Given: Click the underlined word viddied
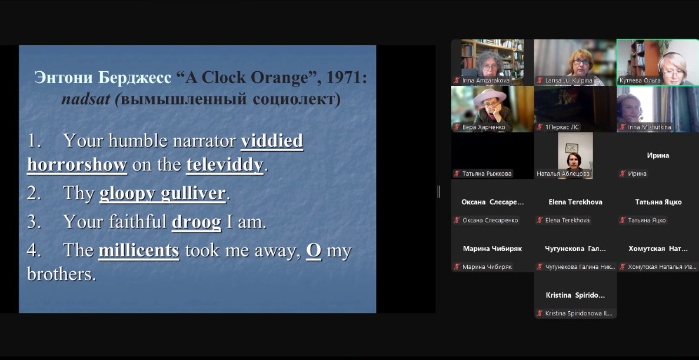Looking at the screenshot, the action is (x=272, y=141).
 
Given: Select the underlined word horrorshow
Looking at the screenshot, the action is (x=77, y=164).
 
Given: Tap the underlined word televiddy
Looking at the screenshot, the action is (x=225, y=165).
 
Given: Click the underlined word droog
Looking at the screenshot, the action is (x=197, y=222).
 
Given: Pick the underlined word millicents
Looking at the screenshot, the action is (x=139, y=250).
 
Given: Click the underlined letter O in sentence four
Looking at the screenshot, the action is (x=314, y=251).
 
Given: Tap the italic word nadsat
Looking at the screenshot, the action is (x=85, y=99).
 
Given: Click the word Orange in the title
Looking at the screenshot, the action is (x=279, y=78).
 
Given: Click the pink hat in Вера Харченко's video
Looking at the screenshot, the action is (x=490, y=96).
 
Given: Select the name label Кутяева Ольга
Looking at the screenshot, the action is (x=640, y=81).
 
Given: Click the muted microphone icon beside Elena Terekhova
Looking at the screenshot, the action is (x=540, y=220).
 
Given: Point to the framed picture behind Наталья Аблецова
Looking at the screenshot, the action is (x=571, y=148).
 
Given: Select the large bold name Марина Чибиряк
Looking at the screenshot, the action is (x=492, y=249).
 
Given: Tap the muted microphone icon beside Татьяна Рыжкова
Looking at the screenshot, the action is (x=457, y=174).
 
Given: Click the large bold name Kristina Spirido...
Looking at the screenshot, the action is (x=575, y=295).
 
